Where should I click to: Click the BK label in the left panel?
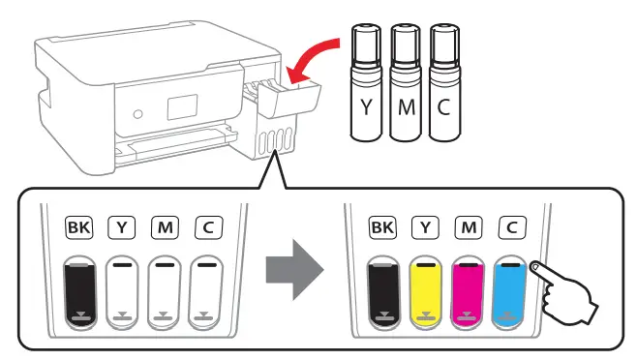[x=77, y=227]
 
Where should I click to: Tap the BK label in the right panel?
[x=382, y=227]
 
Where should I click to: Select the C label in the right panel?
[x=510, y=227]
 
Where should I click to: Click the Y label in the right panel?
[x=425, y=227]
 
